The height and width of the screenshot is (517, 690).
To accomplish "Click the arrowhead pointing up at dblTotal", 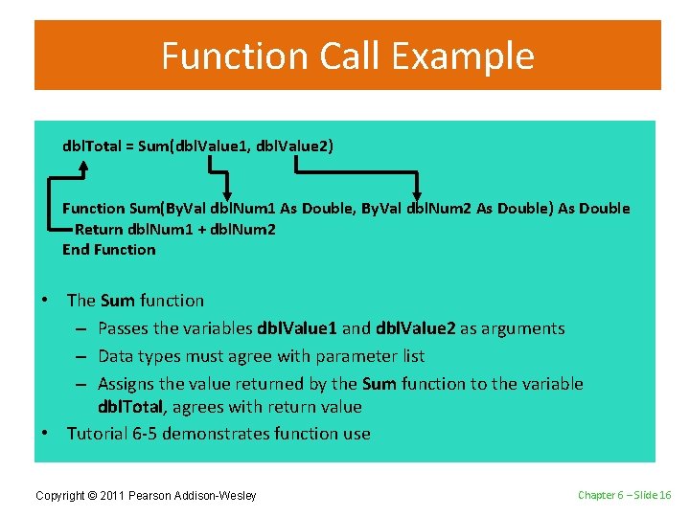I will [83, 166].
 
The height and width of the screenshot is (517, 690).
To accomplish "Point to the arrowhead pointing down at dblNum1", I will [225, 191].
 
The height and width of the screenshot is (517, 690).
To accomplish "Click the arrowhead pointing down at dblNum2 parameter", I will [415, 191].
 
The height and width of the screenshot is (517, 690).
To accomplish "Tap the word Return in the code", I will [99, 229].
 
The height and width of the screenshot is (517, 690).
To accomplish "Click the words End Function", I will [108, 250].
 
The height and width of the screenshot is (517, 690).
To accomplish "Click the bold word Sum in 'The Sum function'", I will [117, 301].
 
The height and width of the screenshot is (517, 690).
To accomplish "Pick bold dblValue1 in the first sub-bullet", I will [297, 328].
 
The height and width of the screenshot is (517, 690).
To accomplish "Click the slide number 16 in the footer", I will [663, 494].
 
